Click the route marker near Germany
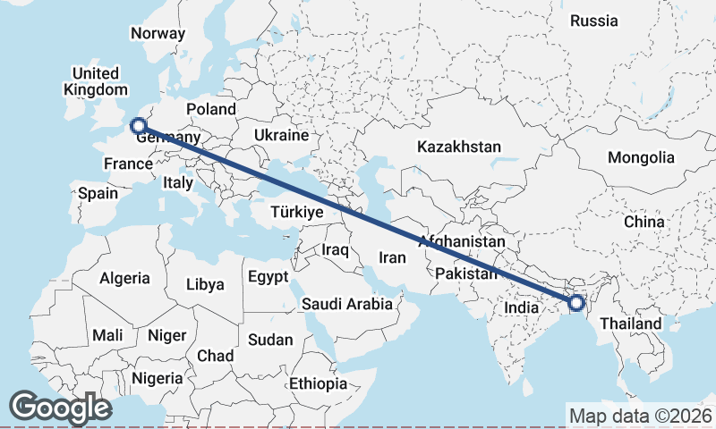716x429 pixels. click(138, 126)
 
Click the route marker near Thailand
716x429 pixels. click(576, 303)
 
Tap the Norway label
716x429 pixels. click(158, 34)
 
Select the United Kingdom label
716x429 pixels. click(96, 81)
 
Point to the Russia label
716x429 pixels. click(593, 21)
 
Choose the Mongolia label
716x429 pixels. click(641, 158)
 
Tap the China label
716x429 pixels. click(644, 221)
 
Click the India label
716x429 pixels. click(522, 307)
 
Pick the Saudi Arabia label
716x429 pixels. click(346, 304)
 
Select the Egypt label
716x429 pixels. click(268, 275)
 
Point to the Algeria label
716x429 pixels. click(124, 278)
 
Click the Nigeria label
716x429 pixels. click(158, 378)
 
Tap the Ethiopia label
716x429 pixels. click(318, 383)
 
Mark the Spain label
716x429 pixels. click(98, 192)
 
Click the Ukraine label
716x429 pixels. click(281, 136)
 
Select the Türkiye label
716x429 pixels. click(296, 213)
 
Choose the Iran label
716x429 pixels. click(394, 257)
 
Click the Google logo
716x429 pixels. click(60, 408)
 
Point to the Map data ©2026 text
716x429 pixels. click(640, 416)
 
